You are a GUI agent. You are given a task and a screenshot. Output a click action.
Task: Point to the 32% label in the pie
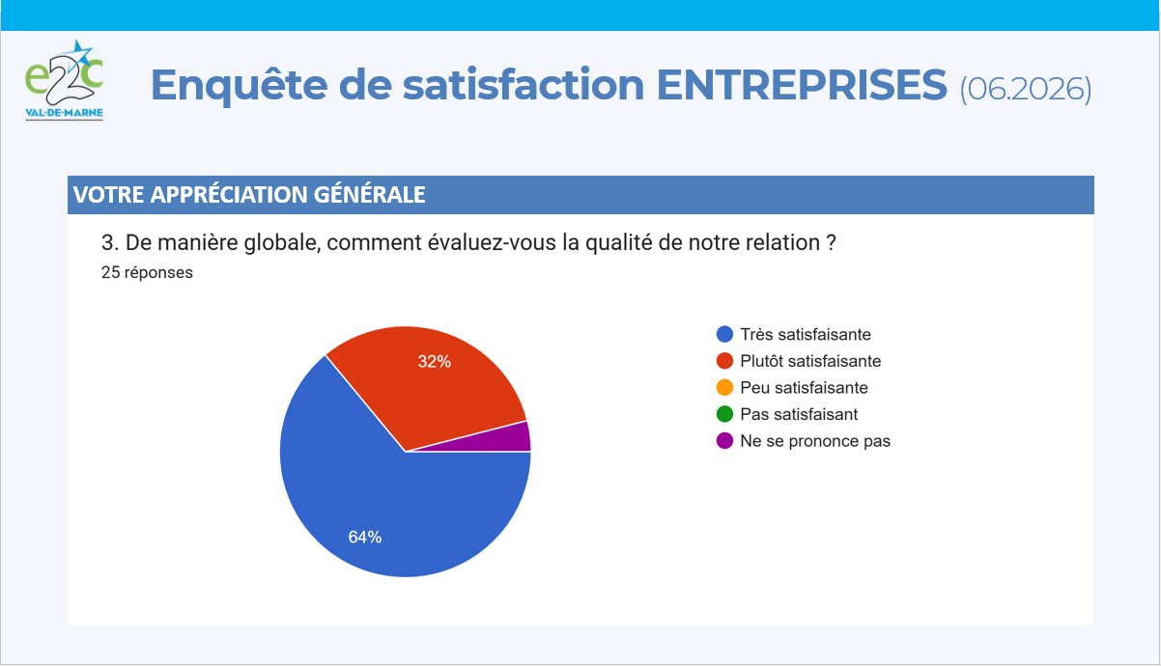[x=435, y=362]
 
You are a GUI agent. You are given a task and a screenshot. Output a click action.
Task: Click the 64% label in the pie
[x=365, y=537]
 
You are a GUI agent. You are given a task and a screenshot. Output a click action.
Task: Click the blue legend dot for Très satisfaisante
[x=724, y=334]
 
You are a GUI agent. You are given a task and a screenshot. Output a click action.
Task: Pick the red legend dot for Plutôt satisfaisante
[x=724, y=361]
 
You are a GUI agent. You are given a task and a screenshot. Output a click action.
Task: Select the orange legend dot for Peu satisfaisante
[x=724, y=387]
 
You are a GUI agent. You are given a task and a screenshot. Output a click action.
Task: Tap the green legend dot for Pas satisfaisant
[x=724, y=414]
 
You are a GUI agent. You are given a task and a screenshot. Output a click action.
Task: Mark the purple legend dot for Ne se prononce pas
[x=724, y=441]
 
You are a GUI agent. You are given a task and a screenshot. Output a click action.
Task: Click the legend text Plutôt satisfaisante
[x=810, y=361]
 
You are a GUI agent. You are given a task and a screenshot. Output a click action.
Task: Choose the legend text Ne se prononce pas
[x=815, y=441]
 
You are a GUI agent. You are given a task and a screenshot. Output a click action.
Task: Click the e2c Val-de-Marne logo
[x=65, y=80]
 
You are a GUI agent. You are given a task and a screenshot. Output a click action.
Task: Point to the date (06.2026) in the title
[x=1026, y=89]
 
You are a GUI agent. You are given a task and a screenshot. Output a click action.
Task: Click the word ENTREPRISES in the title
[x=802, y=84]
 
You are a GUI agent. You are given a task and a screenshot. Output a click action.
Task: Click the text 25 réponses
[x=147, y=272]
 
